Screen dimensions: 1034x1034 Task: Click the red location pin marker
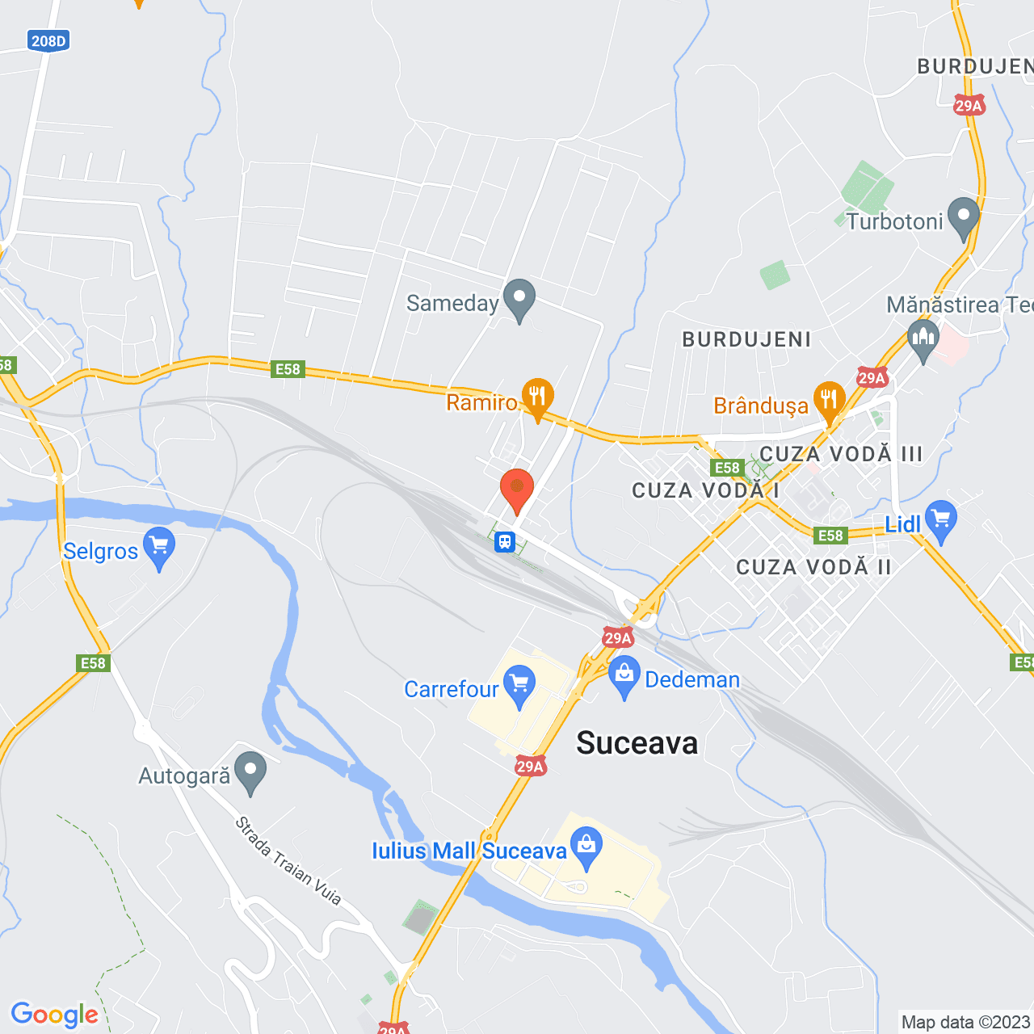[517, 490]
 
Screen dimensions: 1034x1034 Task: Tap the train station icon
[505, 541]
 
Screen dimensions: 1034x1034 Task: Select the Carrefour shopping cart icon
[519, 684]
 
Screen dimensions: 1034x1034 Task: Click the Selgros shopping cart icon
[159, 547]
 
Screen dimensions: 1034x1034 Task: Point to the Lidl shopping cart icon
[941, 520]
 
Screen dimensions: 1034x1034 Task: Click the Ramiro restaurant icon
[537, 397]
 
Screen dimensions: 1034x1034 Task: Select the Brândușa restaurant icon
[829, 401]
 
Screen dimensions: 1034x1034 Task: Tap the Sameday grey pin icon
[519, 298]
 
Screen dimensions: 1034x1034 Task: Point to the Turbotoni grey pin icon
[963, 217]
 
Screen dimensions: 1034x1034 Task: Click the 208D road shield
[48, 40]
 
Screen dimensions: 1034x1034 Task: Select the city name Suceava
[637, 743]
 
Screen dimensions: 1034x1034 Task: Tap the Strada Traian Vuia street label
[288, 861]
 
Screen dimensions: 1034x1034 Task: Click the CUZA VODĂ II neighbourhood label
[813, 567]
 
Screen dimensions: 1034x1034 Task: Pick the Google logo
[55, 1015]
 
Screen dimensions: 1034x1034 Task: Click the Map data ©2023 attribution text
[965, 1022]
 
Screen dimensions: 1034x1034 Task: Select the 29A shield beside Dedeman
[618, 638]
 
